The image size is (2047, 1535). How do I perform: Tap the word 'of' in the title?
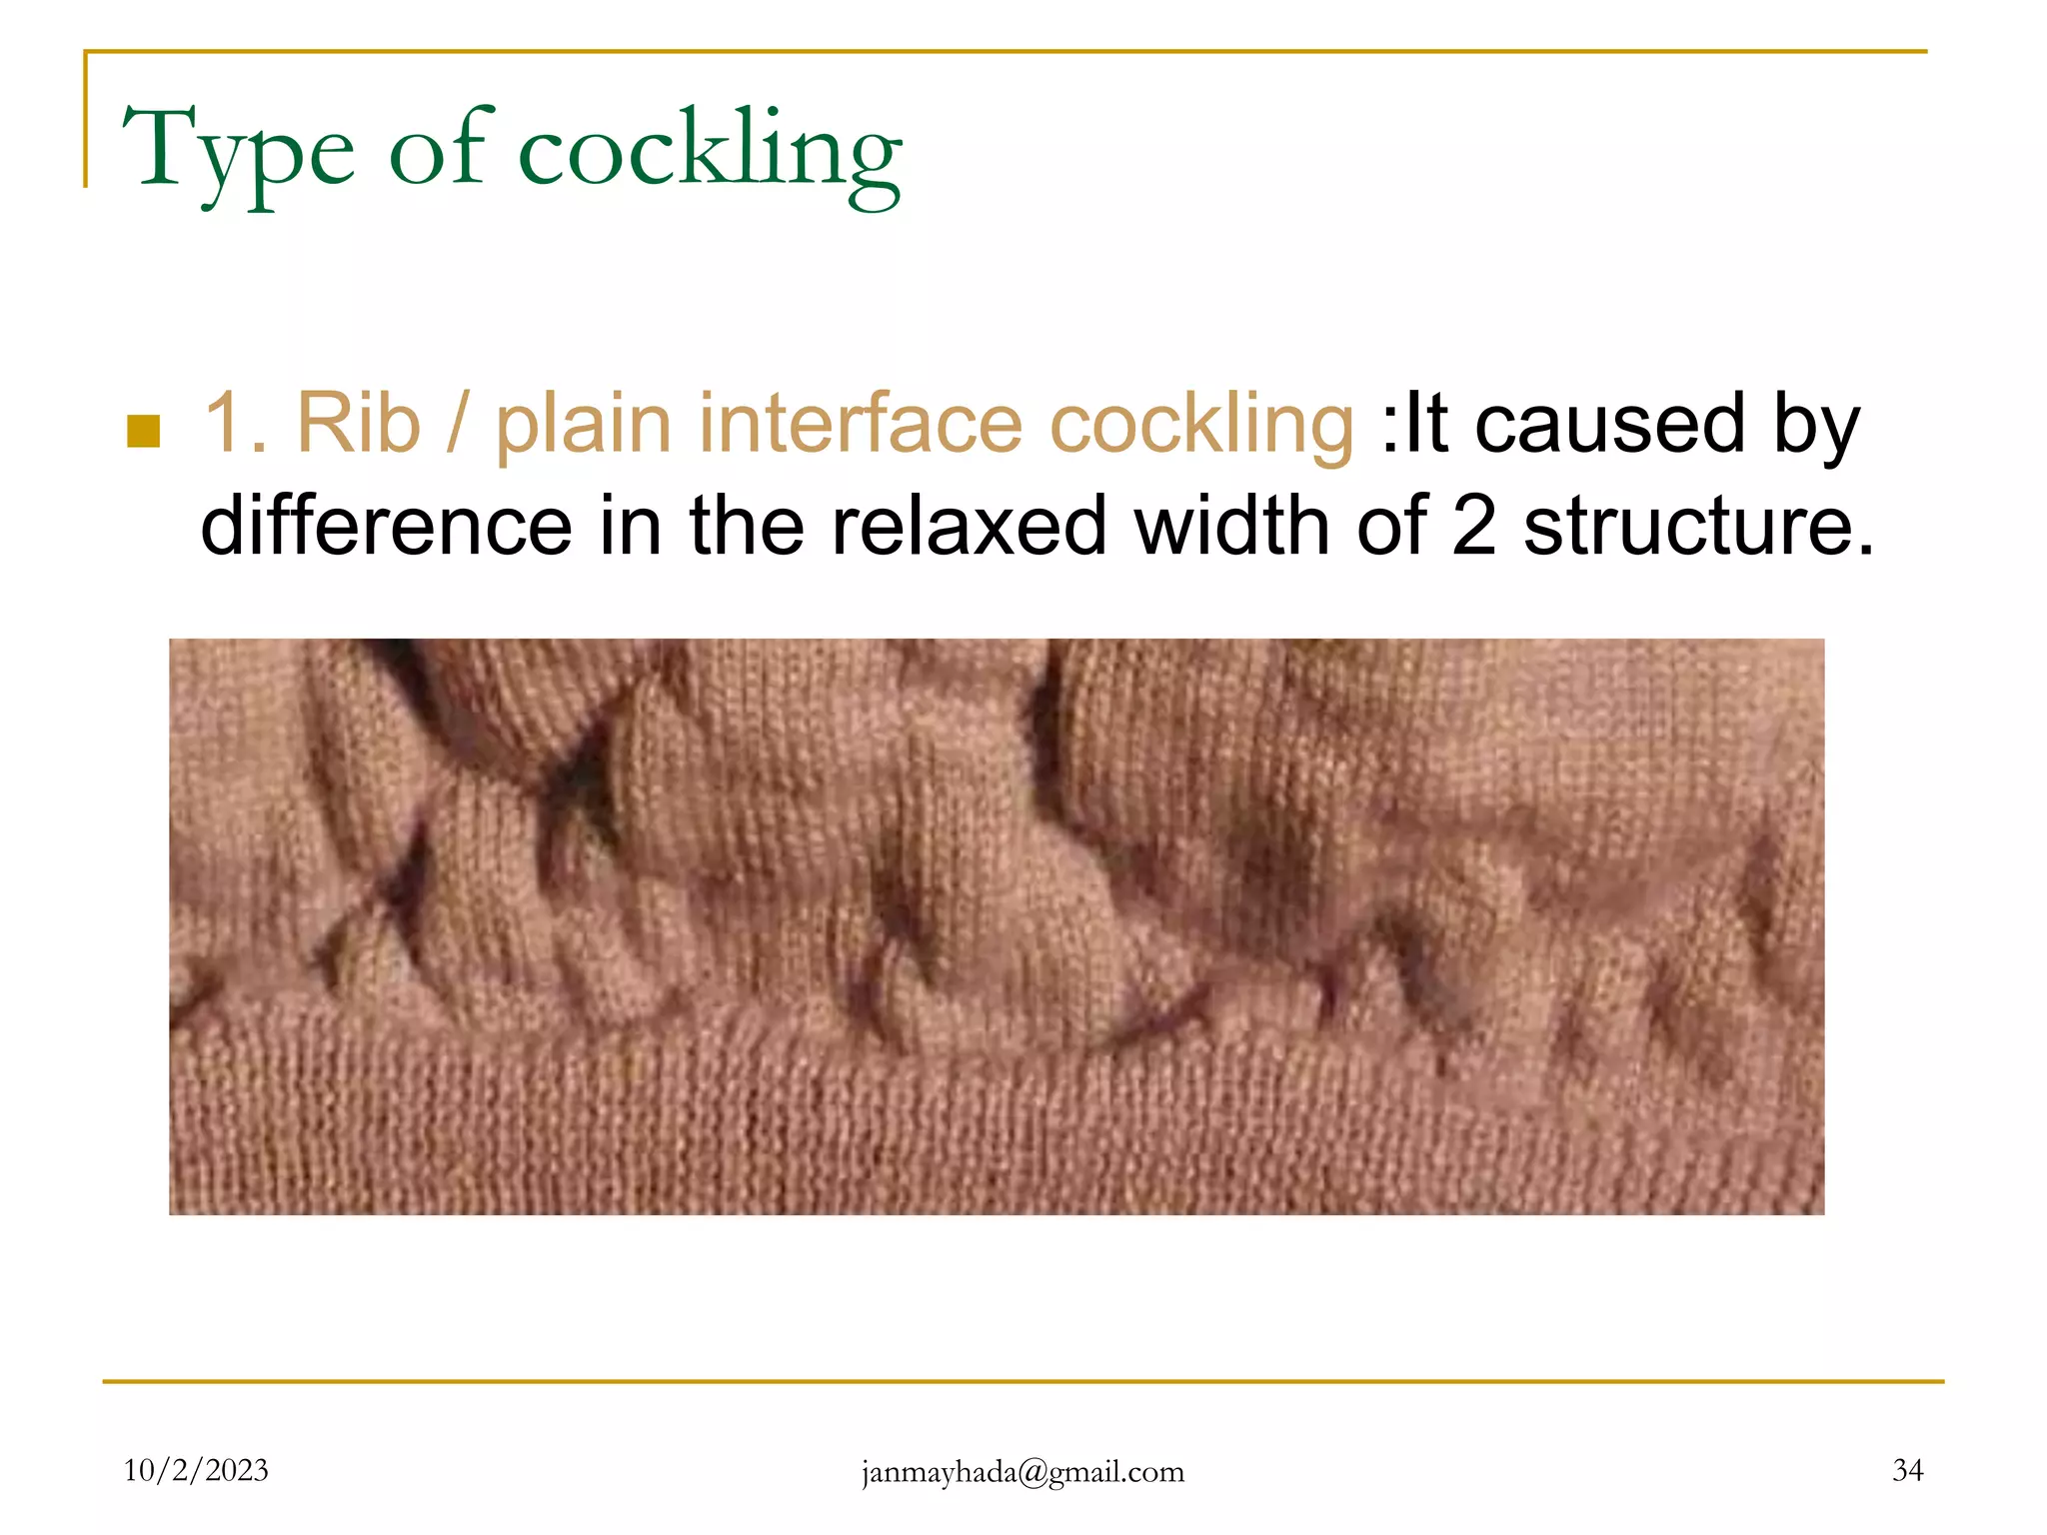440,150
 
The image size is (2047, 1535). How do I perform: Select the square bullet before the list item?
144,431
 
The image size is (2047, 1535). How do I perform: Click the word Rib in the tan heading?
358,424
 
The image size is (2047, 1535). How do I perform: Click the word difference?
386,526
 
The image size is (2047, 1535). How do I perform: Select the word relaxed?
969,526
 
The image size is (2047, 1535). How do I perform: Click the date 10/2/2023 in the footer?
196,1470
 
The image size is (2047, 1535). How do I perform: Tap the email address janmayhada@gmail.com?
1023,1471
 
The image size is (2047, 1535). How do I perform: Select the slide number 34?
1907,1470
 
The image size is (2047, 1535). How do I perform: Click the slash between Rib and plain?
457,424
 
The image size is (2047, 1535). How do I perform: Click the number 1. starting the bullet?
235,424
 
